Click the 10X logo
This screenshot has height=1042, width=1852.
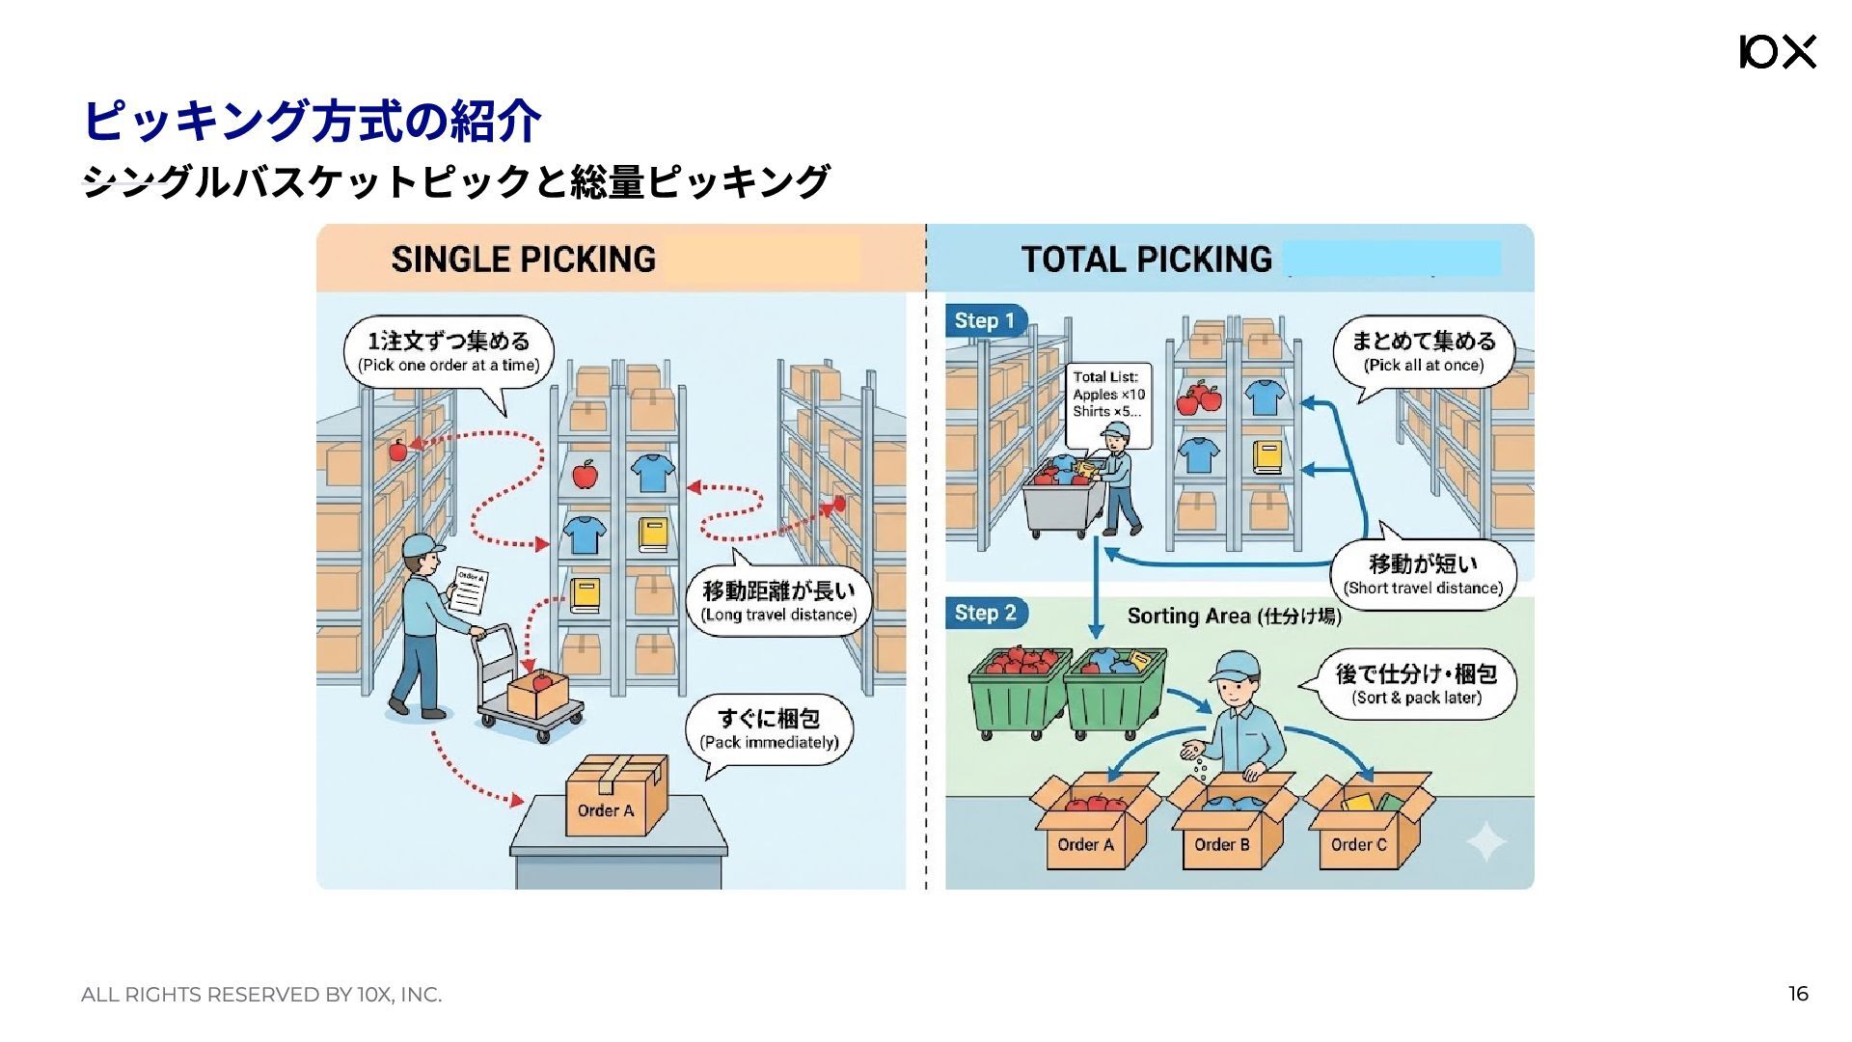pyautogui.click(x=1777, y=52)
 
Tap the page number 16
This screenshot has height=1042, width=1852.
pyautogui.click(x=1797, y=994)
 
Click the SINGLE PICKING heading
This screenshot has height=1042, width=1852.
pyautogui.click(x=523, y=260)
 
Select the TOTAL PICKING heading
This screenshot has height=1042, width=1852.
pyautogui.click(x=1146, y=260)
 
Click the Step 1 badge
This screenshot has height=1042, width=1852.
pyautogui.click(x=985, y=321)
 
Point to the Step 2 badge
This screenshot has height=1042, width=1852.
pyautogui.click(x=985, y=614)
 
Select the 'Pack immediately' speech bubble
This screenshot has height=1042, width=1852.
pyautogui.click(x=769, y=729)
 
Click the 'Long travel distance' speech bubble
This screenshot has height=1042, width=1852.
pyautogui.click(x=777, y=601)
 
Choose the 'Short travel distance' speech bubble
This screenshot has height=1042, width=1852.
pyautogui.click(x=1423, y=574)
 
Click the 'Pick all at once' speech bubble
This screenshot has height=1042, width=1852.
pyautogui.click(x=1423, y=351)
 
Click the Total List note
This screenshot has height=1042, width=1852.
pyautogui.click(x=1109, y=394)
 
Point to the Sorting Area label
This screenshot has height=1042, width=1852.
pyautogui.click(x=1234, y=617)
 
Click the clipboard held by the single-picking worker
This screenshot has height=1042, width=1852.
pyautogui.click(x=469, y=591)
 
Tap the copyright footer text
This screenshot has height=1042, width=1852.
pyautogui.click(x=261, y=995)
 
